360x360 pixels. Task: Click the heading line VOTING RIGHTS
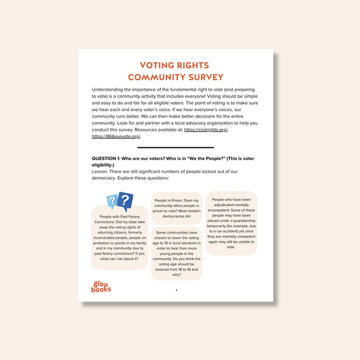[174, 66]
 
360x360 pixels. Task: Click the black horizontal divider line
[175, 148]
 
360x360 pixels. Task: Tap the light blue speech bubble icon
[112, 200]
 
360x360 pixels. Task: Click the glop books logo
[100, 286]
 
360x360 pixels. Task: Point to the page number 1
[176, 290]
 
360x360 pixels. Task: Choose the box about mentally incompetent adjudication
[231, 223]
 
